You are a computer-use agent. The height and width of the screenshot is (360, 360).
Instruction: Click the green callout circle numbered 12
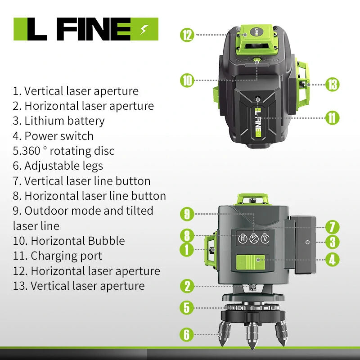[x=187, y=35]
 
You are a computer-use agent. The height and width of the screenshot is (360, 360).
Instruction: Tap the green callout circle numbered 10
[x=187, y=81]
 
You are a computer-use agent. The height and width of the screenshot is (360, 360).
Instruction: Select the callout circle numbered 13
[x=332, y=85]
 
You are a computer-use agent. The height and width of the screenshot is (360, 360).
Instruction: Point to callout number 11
[x=332, y=118]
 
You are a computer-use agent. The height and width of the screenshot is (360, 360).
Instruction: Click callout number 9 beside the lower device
[x=187, y=214]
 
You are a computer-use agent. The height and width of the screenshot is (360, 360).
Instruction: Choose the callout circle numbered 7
[x=332, y=227]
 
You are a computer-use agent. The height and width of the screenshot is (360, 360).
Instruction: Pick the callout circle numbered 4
[x=332, y=260]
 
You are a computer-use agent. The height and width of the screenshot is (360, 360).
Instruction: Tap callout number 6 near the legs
[x=187, y=334]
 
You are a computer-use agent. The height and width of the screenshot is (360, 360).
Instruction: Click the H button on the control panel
[x=243, y=239]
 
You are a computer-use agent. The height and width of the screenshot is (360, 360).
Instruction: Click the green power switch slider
[x=251, y=262]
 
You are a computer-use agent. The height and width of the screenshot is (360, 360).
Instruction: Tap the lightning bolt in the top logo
[x=144, y=29]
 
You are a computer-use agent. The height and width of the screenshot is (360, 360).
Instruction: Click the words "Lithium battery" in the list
[x=64, y=121]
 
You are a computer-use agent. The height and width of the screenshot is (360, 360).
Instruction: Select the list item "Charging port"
[x=66, y=256]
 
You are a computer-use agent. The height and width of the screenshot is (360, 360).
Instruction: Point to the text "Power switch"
[x=59, y=136]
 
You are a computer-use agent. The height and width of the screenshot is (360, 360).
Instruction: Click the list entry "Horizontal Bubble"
[x=78, y=241]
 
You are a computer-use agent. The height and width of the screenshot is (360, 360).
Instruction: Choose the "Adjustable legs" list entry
[x=63, y=166]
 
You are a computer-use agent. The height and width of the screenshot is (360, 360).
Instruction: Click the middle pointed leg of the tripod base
[x=252, y=334]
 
